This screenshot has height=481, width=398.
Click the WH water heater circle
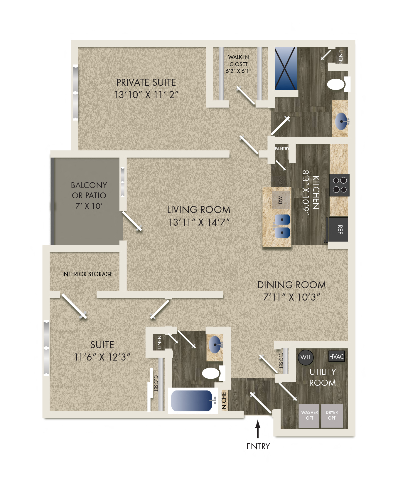(305, 357)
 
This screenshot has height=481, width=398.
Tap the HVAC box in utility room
(336, 356)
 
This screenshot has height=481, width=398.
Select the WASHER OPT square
(309, 415)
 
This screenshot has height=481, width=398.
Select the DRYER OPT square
(332, 415)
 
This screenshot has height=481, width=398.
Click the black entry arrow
(258, 429)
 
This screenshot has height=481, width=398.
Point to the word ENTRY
(258, 446)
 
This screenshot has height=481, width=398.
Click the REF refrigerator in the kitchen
(338, 229)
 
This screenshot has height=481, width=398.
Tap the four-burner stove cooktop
(340, 185)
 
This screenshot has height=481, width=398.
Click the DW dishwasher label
(280, 200)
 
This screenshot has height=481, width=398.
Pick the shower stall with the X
(286, 68)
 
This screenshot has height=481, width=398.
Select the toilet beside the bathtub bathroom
(211, 373)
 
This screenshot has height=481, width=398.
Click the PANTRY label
(281, 149)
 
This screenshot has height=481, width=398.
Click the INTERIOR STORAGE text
(87, 274)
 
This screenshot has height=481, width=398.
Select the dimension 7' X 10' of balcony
(89, 206)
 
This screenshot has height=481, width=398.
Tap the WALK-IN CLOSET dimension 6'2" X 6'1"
(238, 71)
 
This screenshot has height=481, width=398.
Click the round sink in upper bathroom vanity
(341, 121)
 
